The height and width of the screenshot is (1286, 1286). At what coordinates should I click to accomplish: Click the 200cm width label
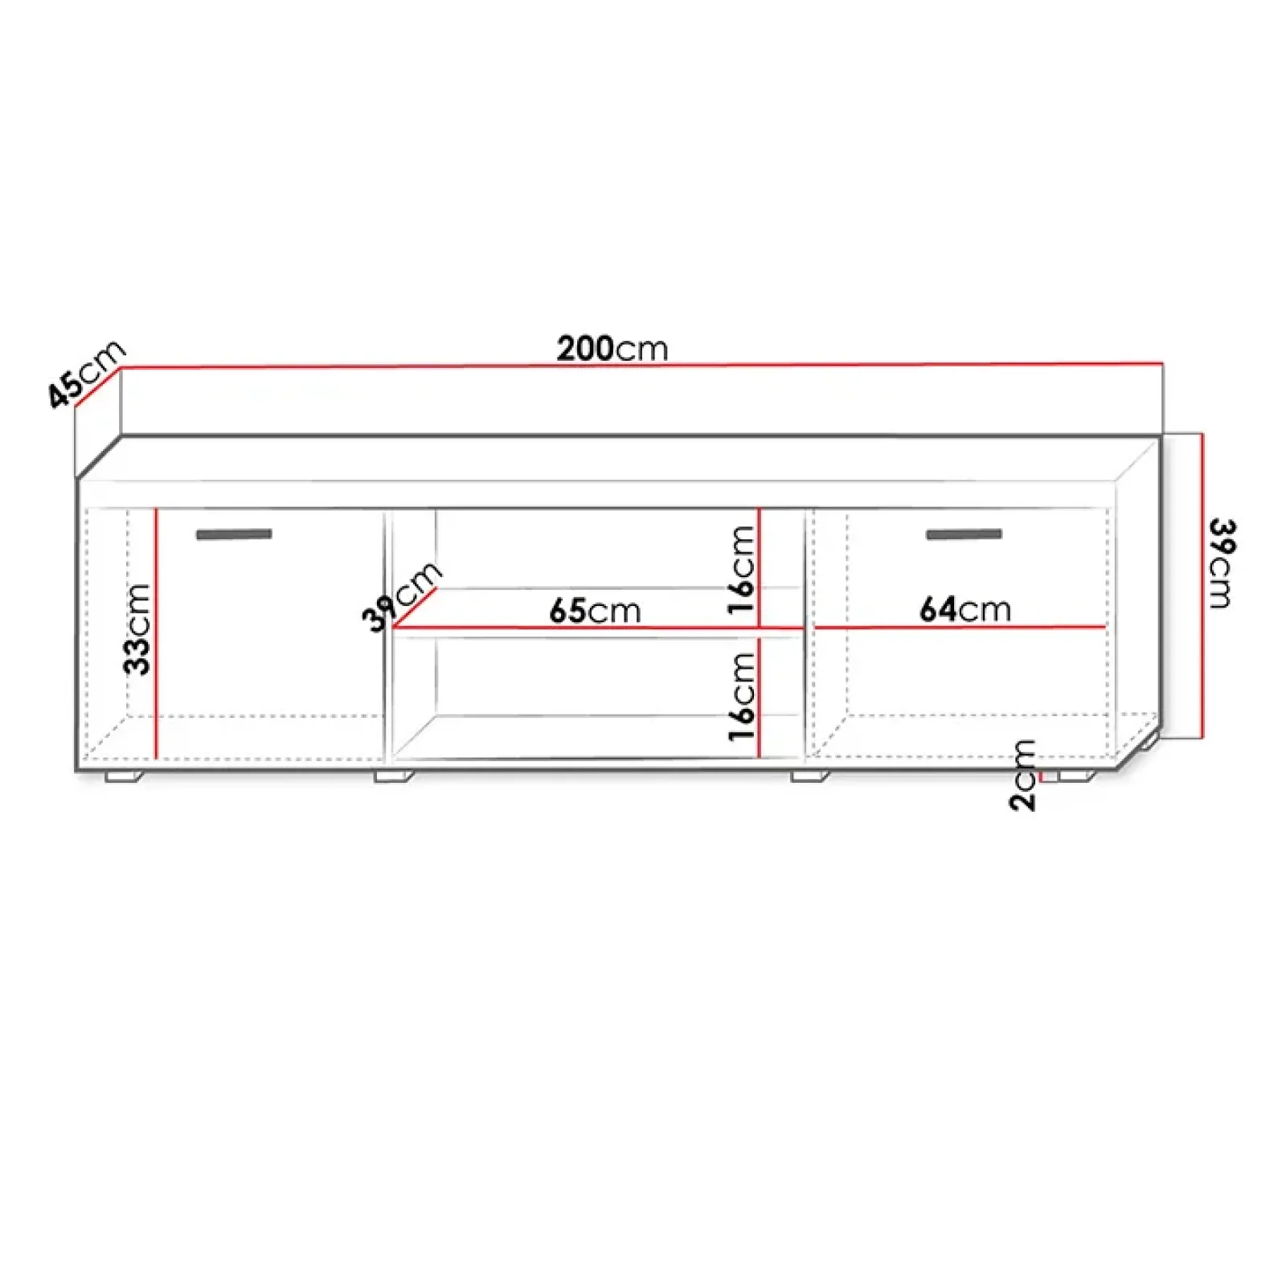coord(612,349)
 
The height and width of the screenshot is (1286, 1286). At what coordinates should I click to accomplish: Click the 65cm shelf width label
coord(595,611)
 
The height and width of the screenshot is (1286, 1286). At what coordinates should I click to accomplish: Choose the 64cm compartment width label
coord(964,609)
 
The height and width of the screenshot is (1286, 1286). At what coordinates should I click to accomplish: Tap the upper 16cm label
coord(741,570)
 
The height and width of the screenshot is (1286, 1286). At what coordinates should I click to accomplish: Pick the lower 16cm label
coord(741,696)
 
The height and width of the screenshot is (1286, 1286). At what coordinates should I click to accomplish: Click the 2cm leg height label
coord(1022,775)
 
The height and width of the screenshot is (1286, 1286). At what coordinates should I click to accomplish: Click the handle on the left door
coord(234,534)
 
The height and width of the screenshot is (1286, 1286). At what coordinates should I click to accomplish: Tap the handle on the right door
coord(964,534)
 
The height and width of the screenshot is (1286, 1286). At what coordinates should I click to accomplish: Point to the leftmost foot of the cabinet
coord(123,776)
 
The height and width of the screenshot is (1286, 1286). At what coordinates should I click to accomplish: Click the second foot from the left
coord(393,776)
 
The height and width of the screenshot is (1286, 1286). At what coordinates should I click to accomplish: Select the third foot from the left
coord(809,776)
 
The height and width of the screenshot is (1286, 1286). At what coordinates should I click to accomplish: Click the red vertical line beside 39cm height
coord(1202,585)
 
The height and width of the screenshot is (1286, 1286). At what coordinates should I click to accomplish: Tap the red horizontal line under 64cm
coord(960,627)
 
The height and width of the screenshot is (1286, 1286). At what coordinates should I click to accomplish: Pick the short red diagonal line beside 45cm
coord(97,387)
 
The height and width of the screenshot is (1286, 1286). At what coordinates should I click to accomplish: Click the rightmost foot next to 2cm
coord(1076,776)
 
